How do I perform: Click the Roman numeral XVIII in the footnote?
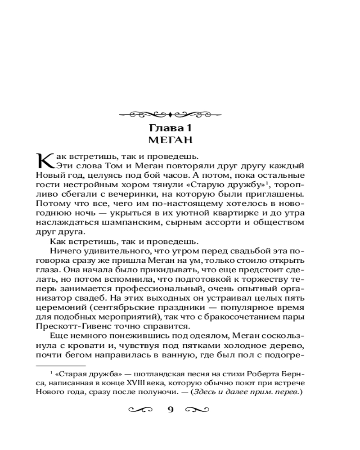(x=135, y=382)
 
